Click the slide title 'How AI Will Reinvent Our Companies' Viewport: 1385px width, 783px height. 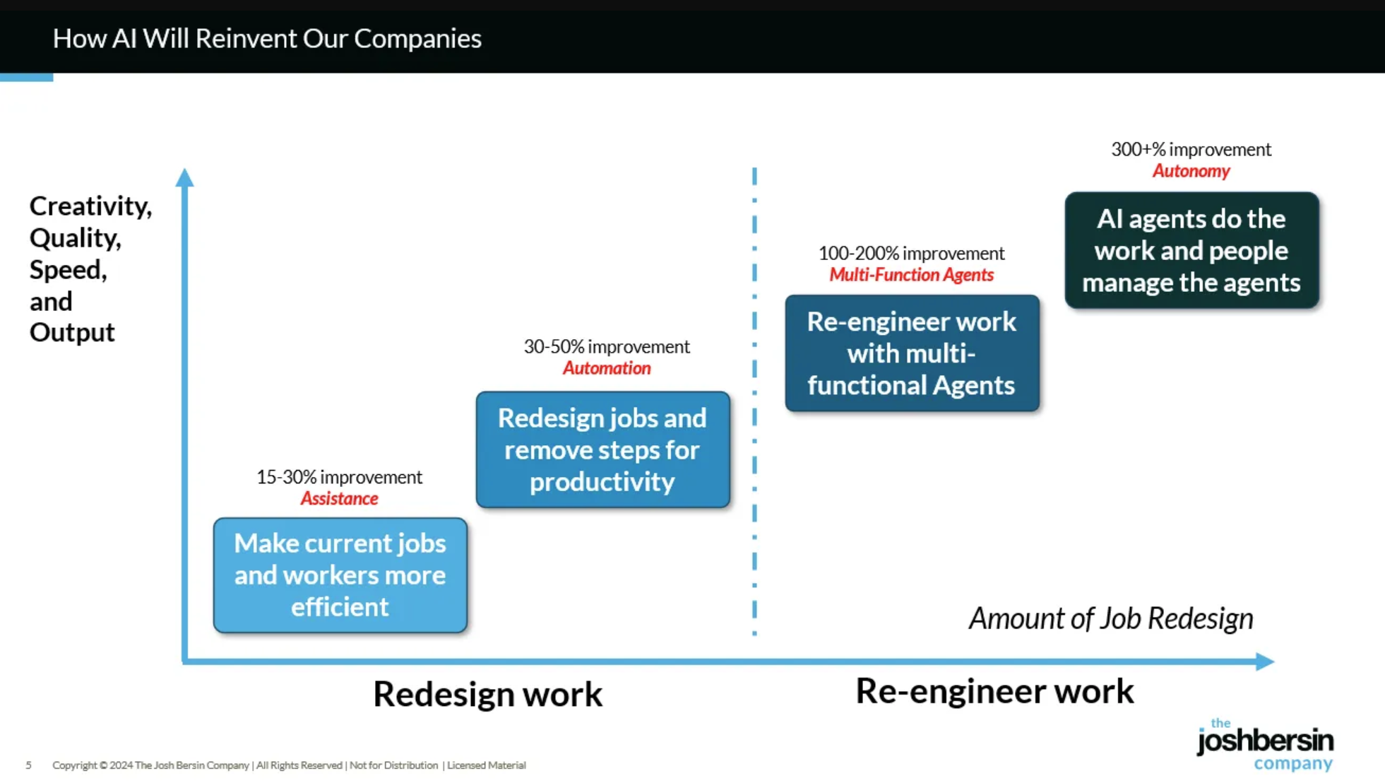[267, 38]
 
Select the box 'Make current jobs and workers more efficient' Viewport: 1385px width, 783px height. [340, 575]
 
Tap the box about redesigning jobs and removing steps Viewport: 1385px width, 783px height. [602, 449]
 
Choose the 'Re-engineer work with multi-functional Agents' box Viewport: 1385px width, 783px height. [912, 353]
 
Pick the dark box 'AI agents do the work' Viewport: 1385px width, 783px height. [1191, 250]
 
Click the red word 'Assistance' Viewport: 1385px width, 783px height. [339, 498]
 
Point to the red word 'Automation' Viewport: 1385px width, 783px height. [607, 368]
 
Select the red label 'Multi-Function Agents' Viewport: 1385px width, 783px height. [911, 275]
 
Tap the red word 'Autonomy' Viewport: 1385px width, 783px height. [1191, 171]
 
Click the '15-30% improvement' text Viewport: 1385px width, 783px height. [339, 477]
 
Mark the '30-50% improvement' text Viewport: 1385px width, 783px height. [607, 346]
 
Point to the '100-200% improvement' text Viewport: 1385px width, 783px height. [911, 253]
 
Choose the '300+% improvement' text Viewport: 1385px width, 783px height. [1191, 149]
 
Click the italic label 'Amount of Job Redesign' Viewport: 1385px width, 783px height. [1111, 618]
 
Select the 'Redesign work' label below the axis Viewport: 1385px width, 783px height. [488, 693]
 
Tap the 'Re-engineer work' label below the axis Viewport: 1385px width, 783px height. [994, 690]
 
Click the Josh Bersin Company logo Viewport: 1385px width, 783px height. [1265, 744]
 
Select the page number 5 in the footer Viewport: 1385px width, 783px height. [28, 765]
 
